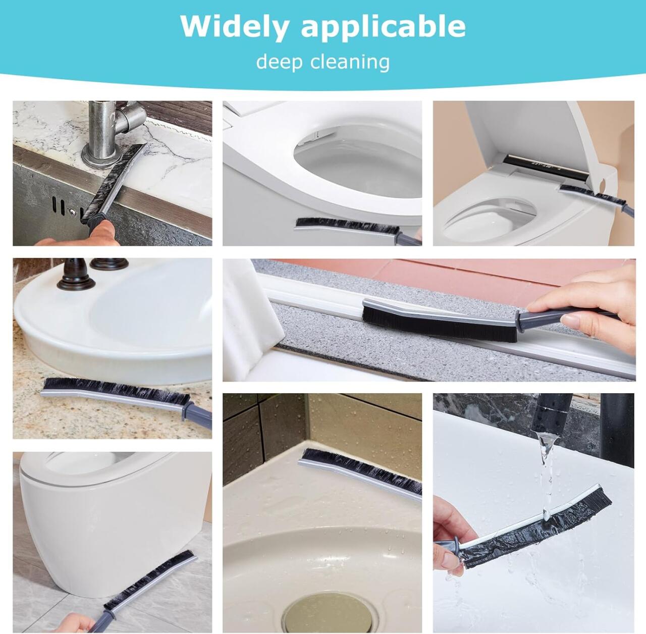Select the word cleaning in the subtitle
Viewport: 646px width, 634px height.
(351, 63)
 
